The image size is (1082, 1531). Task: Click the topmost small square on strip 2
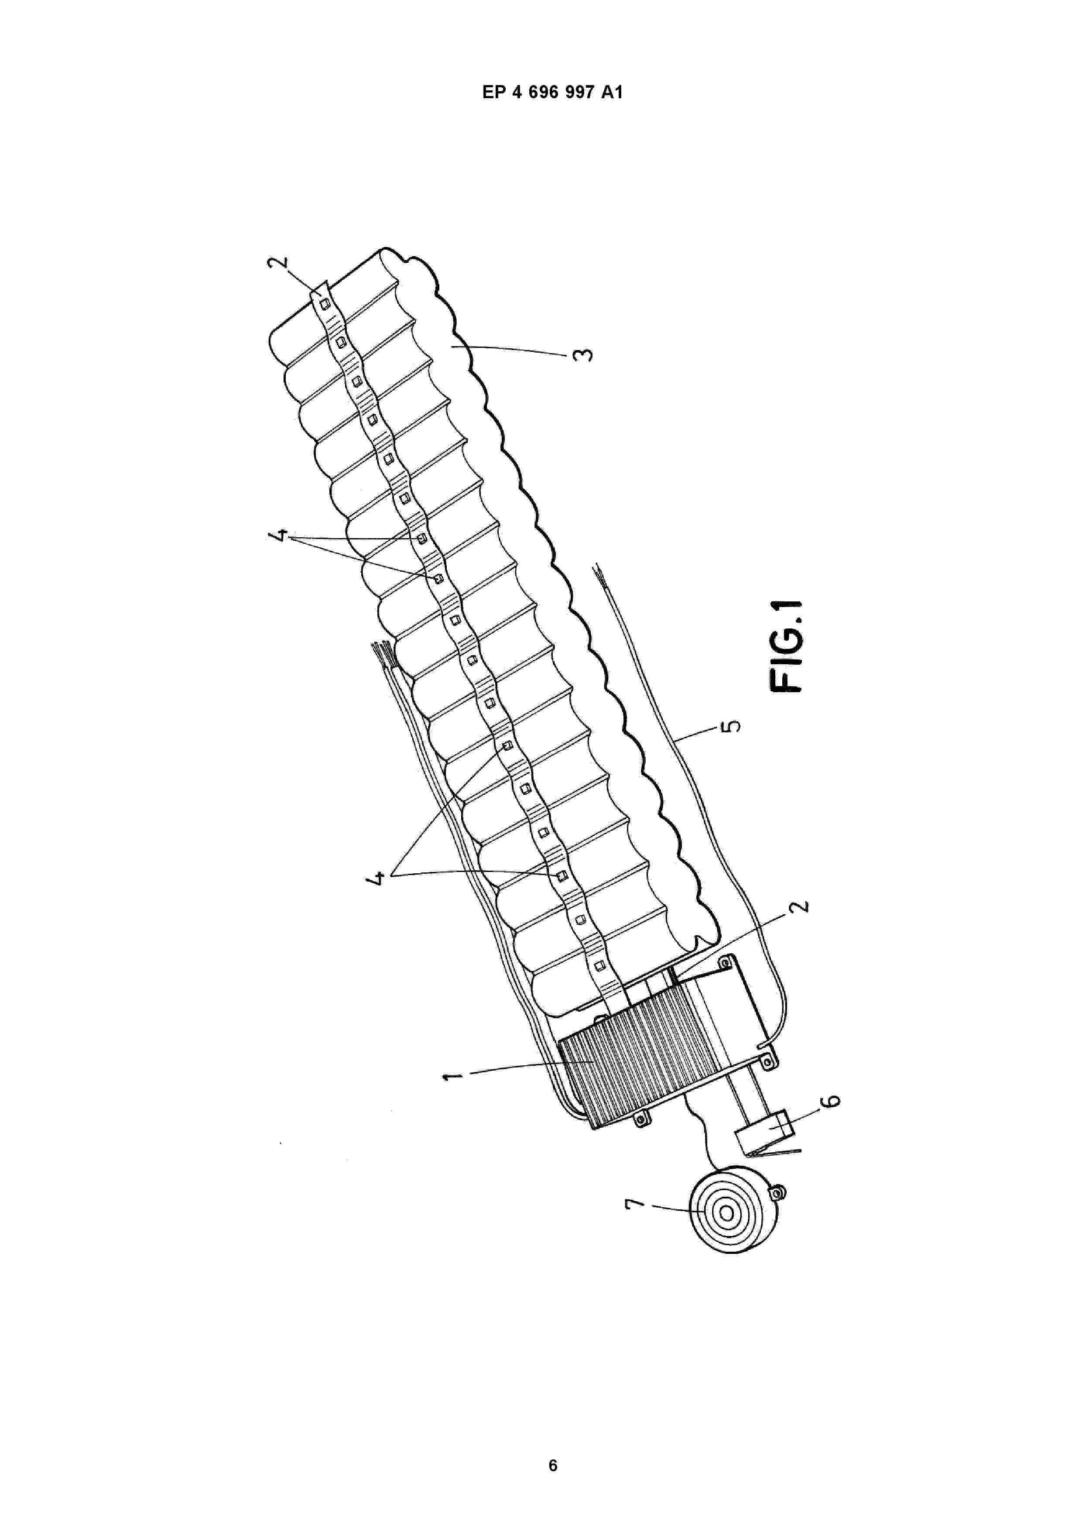325,304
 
